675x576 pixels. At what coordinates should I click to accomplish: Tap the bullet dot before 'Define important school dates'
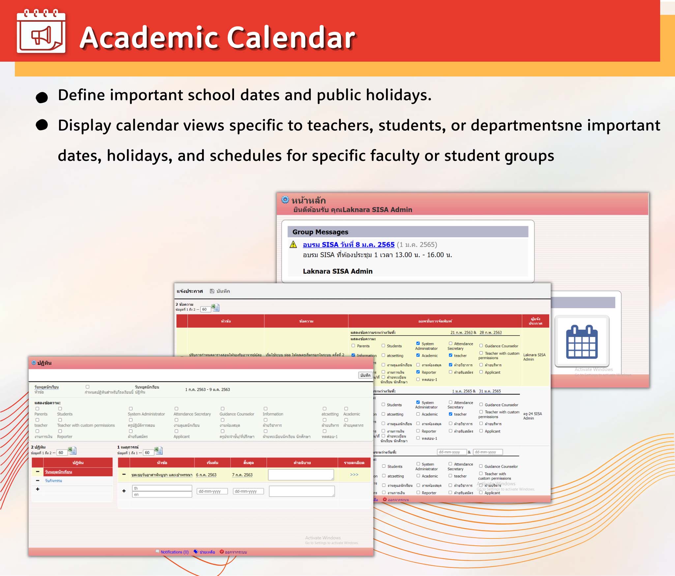coord(42,97)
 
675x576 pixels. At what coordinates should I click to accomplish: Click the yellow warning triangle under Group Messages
coord(293,245)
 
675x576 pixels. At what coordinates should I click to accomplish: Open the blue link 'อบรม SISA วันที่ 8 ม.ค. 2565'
coord(348,245)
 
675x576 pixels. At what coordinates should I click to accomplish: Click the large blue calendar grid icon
coord(582,342)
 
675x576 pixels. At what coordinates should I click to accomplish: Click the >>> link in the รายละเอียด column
coord(354,474)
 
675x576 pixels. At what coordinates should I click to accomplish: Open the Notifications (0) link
coord(174,552)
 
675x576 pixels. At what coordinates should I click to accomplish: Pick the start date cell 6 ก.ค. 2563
coord(206,475)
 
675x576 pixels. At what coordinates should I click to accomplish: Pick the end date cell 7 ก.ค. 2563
coord(242,475)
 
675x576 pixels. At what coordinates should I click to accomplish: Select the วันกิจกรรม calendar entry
coord(53,481)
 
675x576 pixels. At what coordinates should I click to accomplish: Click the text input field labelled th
coord(162,488)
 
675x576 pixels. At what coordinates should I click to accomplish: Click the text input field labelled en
coord(162,495)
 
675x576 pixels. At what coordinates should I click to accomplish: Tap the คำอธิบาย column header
coord(302,463)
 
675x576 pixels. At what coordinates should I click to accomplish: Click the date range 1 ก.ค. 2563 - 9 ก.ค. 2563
coord(207,389)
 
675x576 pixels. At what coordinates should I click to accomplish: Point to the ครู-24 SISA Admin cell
coord(532,416)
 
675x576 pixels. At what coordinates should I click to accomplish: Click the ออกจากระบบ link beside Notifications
coord(236,552)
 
